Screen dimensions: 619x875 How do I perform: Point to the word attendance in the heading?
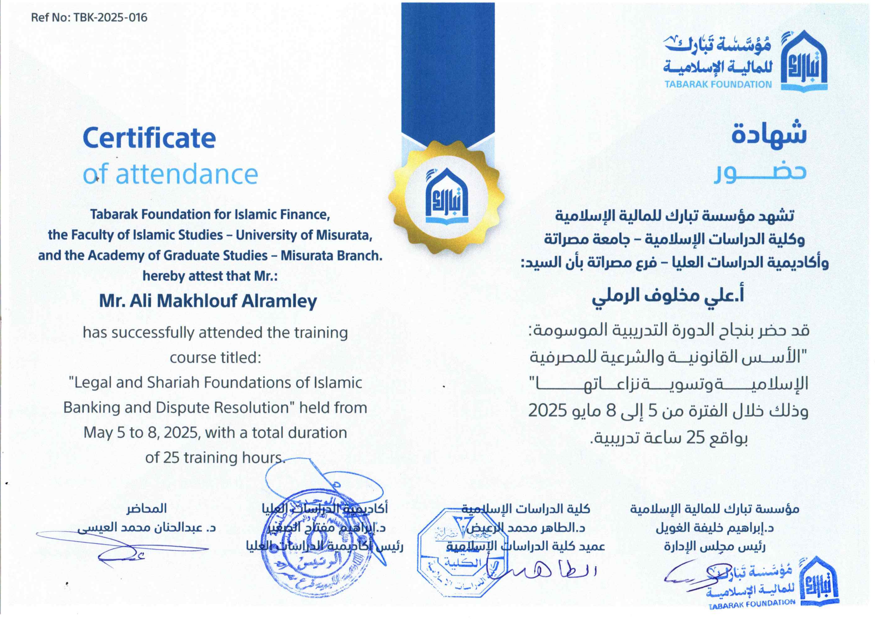(x=186, y=174)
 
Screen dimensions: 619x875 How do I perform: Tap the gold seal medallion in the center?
(x=446, y=197)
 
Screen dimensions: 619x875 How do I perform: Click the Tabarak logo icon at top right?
(x=804, y=61)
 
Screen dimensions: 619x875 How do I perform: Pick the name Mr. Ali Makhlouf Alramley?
(x=208, y=301)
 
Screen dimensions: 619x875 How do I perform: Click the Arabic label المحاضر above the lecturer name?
(x=147, y=508)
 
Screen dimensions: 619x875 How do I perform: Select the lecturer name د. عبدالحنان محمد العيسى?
(x=147, y=528)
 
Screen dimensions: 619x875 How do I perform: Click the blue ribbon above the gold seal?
(x=448, y=69)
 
